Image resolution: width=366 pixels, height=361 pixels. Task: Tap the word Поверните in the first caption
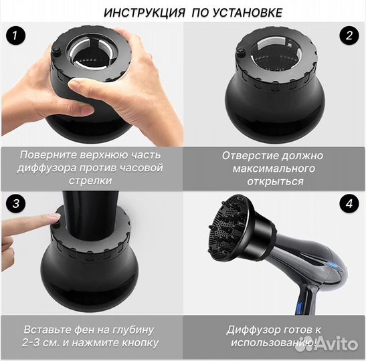(49, 155)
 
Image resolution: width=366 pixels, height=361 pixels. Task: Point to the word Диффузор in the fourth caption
(251, 330)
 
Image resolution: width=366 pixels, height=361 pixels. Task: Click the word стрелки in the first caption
(90, 182)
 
